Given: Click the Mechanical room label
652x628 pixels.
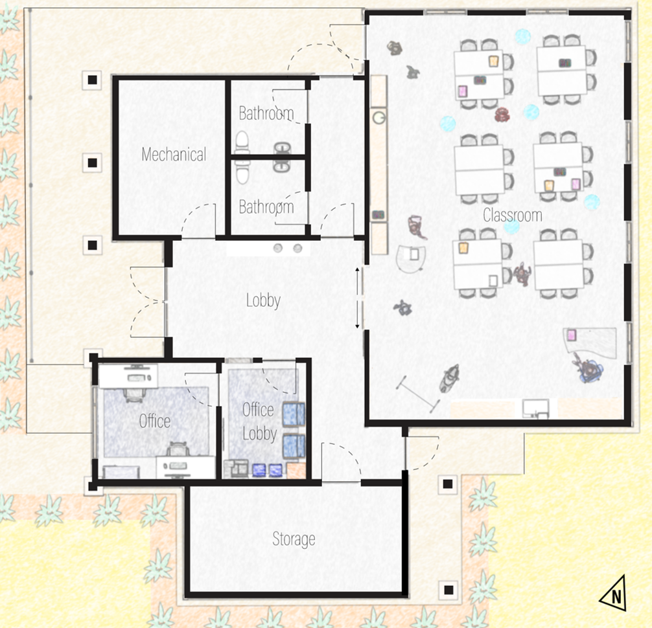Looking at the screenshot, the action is (x=174, y=155).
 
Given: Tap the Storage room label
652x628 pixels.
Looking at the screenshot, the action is (x=294, y=539).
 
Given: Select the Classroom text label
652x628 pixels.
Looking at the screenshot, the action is (x=512, y=215).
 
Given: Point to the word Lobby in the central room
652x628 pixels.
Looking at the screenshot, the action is (x=263, y=300).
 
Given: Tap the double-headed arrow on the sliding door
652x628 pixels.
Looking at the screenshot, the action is (x=357, y=298).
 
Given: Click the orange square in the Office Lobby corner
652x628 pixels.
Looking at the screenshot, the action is (x=296, y=471).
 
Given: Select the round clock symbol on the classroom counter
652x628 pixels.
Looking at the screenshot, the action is (x=378, y=118).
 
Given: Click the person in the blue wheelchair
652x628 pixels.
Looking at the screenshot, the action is (x=588, y=369).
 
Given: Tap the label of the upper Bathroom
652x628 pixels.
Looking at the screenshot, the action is (x=266, y=113).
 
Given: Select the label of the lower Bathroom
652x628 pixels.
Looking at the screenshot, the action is (x=266, y=207).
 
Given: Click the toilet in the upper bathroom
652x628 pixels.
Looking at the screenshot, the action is (x=242, y=142).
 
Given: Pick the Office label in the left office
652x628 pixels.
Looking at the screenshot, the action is (x=155, y=421).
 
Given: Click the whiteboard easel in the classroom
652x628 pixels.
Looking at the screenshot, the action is (x=418, y=394).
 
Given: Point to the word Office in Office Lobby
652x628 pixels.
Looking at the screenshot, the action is (x=258, y=410).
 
